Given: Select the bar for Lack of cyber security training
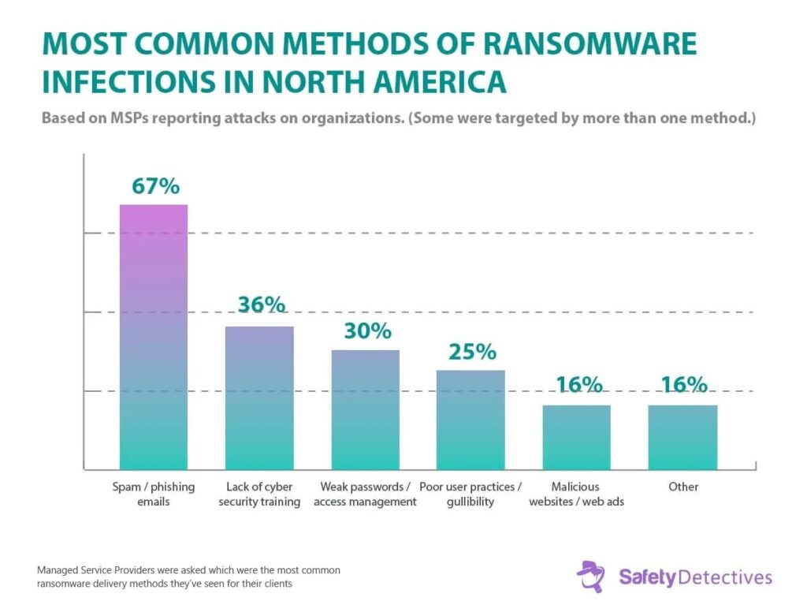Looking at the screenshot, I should [x=259, y=398].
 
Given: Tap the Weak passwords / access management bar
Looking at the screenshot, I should [x=365, y=409].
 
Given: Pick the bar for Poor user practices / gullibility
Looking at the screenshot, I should [x=470, y=420].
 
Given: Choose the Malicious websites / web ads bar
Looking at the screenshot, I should [x=576, y=437].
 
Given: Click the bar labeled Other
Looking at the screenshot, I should [x=682, y=437].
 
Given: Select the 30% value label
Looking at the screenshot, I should [x=367, y=330].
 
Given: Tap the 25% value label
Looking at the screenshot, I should [x=472, y=351].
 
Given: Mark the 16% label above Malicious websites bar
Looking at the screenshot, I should [x=578, y=385].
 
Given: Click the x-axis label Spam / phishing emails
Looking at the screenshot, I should [x=153, y=494].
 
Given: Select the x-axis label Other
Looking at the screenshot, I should [x=683, y=487].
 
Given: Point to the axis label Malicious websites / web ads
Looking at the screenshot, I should [x=576, y=494].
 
